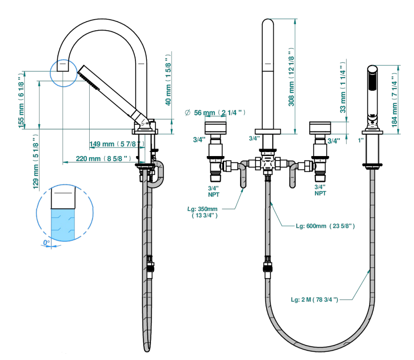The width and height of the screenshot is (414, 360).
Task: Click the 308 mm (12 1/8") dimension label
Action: pyautogui.click(x=291, y=77)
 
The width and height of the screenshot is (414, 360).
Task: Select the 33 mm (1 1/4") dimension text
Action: pyautogui.click(x=343, y=87)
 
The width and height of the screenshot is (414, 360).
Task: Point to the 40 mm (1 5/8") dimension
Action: pyautogui.click(x=168, y=80)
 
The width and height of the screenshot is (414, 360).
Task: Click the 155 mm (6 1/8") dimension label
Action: pyautogui.click(x=21, y=101)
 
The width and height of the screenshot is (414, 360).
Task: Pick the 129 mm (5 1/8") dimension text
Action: pyautogui.click(x=35, y=162)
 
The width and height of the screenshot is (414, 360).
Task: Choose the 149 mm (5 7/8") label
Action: pyautogui.click(x=117, y=144)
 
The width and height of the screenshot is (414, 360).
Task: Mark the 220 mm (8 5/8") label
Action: pyautogui.click(x=103, y=159)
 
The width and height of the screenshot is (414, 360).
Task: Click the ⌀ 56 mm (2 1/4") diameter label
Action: pyautogui.click(x=215, y=113)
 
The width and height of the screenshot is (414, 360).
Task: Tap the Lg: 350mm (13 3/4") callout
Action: pyautogui.click(x=203, y=212)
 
